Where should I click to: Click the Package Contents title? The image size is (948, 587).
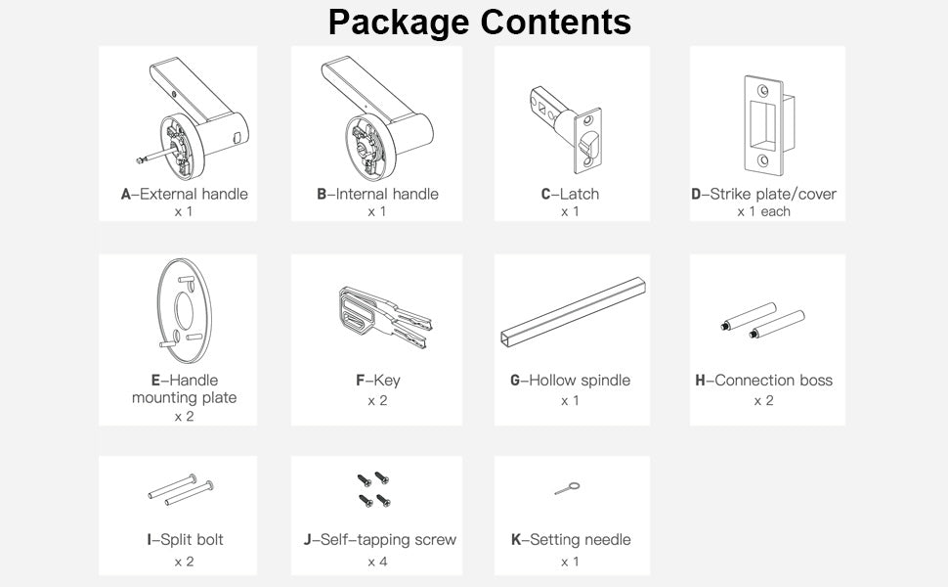[x=479, y=22]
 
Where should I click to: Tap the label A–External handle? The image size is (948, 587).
[x=184, y=194]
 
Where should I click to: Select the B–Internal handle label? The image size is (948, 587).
[x=377, y=194]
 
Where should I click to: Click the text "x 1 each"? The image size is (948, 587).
[x=763, y=211]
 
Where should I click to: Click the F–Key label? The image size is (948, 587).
[x=377, y=380]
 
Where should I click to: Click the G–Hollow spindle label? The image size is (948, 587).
[x=570, y=380]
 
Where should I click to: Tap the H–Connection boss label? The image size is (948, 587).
[x=763, y=380]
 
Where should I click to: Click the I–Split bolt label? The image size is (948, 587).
[x=184, y=539]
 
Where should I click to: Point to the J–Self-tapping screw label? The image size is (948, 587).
[x=379, y=539]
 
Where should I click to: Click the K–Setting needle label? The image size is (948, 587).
[x=571, y=539]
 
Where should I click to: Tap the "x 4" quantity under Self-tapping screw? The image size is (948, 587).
[x=377, y=562]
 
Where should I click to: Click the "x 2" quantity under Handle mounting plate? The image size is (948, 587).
[x=184, y=416]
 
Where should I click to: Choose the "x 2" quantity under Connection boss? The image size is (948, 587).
[x=763, y=401]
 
